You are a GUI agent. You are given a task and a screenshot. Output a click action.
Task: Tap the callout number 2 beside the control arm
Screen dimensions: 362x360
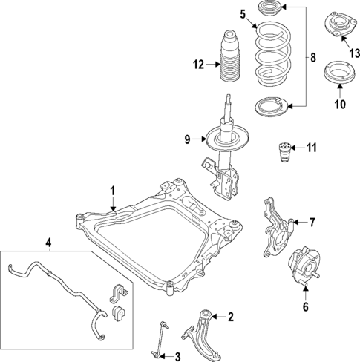(x=230, y=317)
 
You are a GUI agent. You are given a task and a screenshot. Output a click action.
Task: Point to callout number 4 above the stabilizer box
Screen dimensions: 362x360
(x=48, y=242)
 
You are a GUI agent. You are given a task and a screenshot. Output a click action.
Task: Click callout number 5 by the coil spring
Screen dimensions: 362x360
(x=242, y=13)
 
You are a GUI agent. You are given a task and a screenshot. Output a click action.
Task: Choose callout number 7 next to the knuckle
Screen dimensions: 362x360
(x=312, y=222)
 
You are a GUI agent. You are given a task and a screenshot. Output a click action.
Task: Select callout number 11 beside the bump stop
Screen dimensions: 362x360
(x=311, y=147)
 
